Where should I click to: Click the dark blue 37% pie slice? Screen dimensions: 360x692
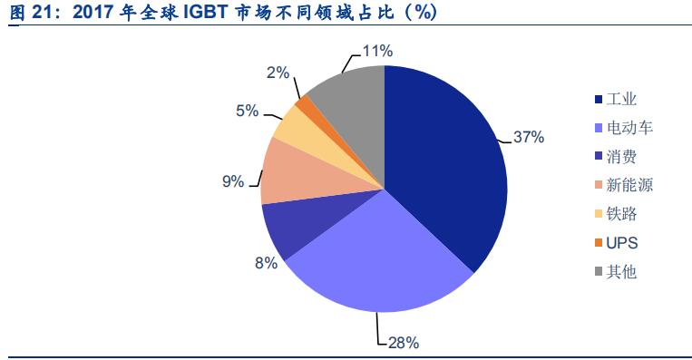coord(444,163)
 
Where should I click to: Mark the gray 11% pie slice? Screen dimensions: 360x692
coord(349,100)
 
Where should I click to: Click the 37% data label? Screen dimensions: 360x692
coord(528,138)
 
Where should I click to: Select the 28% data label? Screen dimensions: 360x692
coord(403,343)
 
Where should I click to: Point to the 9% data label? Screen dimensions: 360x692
coord(233,181)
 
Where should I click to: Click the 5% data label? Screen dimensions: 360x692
coord(248,111)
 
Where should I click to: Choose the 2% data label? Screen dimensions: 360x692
coord(278,72)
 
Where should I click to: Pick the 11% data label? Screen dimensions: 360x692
coord(377,51)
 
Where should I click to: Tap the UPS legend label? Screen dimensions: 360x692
coord(622,243)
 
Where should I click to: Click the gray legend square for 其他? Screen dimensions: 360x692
coord(598,272)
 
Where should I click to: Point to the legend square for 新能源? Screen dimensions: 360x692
coord(598,186)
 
